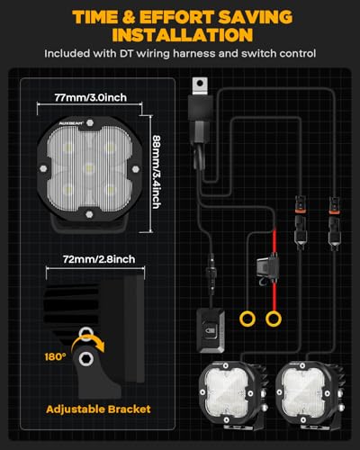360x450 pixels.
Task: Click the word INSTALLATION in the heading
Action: (x=183, y=35)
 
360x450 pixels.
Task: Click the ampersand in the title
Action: (x=130, y=17)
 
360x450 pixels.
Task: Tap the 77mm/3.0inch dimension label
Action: (x=91, y=97)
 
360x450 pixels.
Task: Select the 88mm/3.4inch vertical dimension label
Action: (x=157, y=172)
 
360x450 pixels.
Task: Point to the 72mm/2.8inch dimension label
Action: (x=99, y=259)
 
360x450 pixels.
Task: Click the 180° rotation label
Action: (x=55, y=356)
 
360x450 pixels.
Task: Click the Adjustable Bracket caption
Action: (x=98, y=409)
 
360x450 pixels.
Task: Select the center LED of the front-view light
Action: (x=88, y=168)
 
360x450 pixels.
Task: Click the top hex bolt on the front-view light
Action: (x=89, y=122)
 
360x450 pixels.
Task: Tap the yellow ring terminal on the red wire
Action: (x=274, y=319)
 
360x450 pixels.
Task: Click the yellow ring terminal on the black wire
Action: (x=247, y=319)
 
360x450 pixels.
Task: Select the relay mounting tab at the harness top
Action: (x=200, y=86)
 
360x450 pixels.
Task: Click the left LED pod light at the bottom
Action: (x=233, y=394)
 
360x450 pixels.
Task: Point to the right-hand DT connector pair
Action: (x=334, y=223)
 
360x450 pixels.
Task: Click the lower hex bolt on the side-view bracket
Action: (x=85, y=359)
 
